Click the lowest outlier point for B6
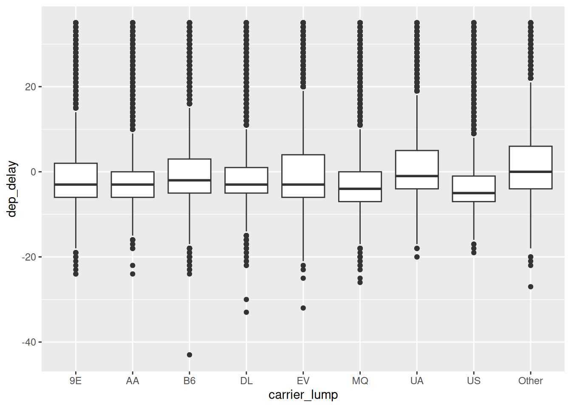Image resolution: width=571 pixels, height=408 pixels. coord(189,355)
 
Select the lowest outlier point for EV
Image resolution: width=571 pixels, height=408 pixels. coord(303,308)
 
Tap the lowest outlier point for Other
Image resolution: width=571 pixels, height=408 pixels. coord(531,287)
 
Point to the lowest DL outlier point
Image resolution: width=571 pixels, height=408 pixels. coord(246,312)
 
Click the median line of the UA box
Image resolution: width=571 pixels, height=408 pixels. coord(417,176)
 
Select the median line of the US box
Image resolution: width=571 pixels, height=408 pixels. coord(474,193)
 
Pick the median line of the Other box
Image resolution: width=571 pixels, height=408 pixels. coord(531,172)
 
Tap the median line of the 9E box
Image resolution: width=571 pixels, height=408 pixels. coord(76,184)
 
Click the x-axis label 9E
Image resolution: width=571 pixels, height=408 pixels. coord(76,381)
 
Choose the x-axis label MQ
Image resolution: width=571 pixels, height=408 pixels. coord(360,381)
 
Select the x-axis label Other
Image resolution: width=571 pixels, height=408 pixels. coord(531,381)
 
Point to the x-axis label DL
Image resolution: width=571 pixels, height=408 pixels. coord(246,381)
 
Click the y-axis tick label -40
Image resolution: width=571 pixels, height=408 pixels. coord(29,342)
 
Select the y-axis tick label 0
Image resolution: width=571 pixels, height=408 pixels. coord(33,172)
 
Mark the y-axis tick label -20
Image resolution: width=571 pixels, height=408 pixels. coord(29,257)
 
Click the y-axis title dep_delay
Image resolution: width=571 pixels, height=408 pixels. coord(11,189)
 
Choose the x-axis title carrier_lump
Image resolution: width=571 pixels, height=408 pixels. coord(303,395)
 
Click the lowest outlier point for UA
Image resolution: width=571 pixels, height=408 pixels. coord(417,257)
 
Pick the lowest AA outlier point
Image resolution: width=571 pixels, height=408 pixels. coord(133,274)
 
